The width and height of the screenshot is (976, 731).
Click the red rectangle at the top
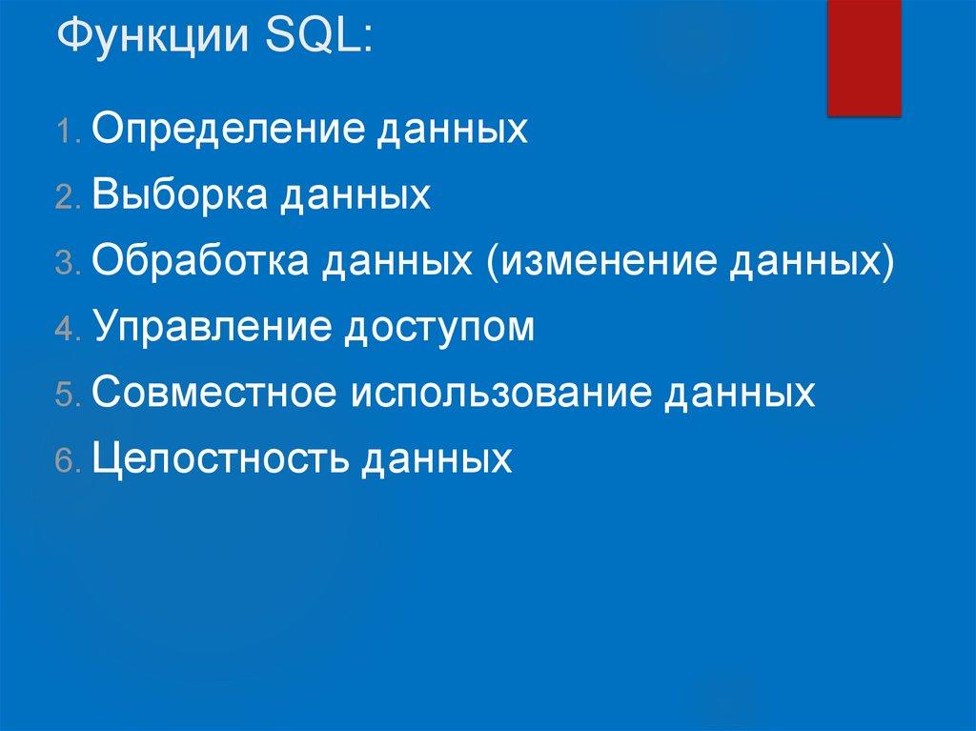(x=864, y=57)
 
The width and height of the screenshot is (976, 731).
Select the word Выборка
(x=178, y=195)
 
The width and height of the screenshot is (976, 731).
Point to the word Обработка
(x=199, y=261)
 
